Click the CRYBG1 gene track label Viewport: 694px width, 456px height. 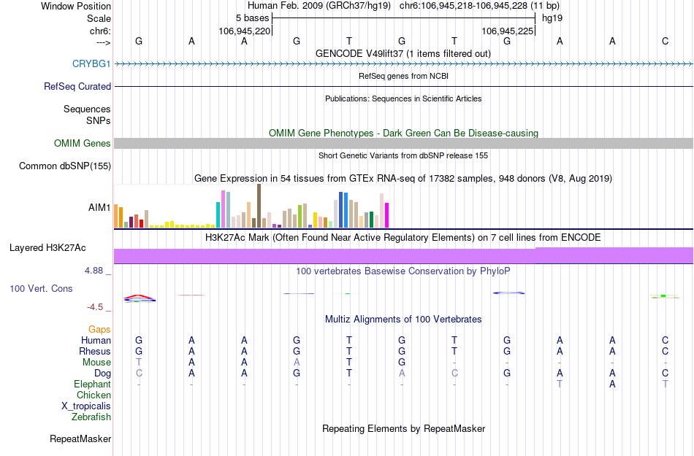tap(91, 64)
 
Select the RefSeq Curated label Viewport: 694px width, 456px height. tap(77, 87)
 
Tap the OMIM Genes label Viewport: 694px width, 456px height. tap(83, 144)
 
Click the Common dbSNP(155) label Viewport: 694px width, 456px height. tap(65, 166)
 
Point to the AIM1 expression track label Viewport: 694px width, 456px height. tap(99, 208)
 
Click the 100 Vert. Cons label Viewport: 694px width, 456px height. tap(41, 289)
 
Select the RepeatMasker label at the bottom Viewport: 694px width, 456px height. tap(80, 439)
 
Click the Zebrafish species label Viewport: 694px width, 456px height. tap(91, 417)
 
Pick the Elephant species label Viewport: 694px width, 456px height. tap(93, 384)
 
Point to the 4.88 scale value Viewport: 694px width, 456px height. tap(96, 271)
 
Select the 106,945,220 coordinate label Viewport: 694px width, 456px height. tap(245, 31)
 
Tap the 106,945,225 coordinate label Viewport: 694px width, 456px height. tap(508, 31)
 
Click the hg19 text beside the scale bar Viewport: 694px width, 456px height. tap(552, 18)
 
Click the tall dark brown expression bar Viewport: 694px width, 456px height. tap(259, 206)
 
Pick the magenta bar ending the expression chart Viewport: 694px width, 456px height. tap(387, 215)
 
